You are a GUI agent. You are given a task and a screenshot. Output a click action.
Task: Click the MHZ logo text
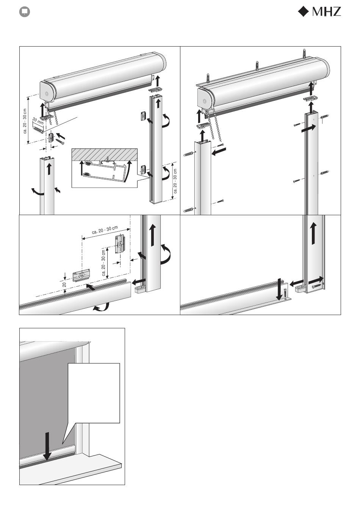tap(326, 11)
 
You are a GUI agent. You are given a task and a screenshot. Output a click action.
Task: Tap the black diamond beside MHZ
tap(303, 11)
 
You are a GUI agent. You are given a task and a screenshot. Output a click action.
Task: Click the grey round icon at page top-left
tap(24, 12)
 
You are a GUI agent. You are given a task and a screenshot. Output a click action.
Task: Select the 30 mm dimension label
tap(38, 121)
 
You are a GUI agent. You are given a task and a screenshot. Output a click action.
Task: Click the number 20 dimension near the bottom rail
tap(64, 285)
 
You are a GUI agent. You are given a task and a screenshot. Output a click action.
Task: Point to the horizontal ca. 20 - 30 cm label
tap(105, 230)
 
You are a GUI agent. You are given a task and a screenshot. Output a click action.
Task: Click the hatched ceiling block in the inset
tap(105, 155)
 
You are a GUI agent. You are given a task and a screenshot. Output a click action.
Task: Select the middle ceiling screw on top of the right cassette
tap(257, 66)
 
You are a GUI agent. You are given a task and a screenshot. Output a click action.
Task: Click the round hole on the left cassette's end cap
tap(47, 94)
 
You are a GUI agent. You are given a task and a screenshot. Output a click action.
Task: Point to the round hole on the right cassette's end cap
tap(205, 101)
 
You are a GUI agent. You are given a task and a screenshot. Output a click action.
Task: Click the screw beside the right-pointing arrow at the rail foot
tap(317, 286)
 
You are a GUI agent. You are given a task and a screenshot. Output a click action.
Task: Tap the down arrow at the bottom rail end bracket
tap(279, 289)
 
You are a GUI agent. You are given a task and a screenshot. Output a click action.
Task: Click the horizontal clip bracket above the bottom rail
tap(81, 275)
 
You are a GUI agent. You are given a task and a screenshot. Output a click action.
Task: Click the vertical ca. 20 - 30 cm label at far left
tap(25, 121)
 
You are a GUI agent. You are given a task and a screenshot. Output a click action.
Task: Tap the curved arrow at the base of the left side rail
tap(38, 192)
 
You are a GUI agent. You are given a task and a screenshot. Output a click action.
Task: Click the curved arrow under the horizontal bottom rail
tap(101, 307)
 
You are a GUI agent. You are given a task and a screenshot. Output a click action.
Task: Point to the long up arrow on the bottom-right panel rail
tap(313, 234)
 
